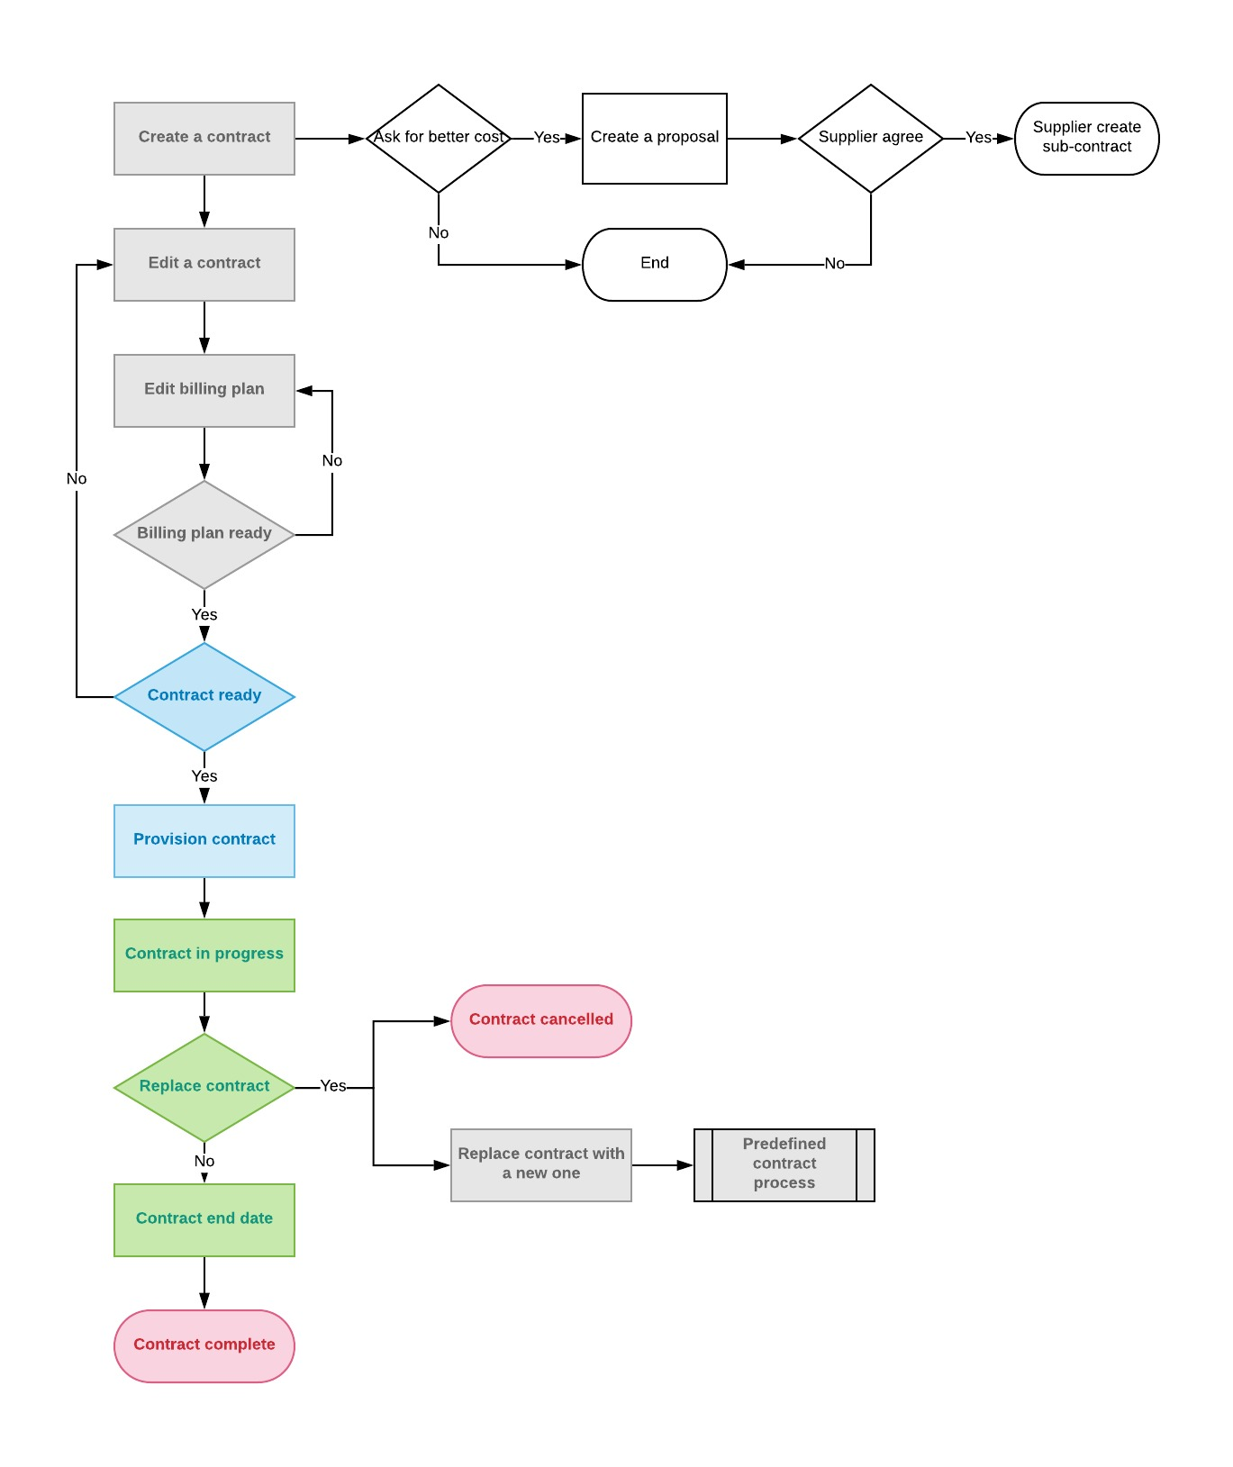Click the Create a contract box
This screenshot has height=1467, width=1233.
(x=204, y=139)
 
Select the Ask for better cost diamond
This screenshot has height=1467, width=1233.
(x=439, y=139)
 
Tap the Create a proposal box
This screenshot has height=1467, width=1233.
(x=655, y=139)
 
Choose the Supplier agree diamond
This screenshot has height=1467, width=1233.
(x=871, y=139)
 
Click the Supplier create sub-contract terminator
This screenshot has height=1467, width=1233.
(x=1087, y=139)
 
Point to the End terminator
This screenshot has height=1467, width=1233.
(x=655, y=265)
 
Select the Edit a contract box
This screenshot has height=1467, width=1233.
(x=204, y=265)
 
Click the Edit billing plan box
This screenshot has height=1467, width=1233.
(x=204, y=391)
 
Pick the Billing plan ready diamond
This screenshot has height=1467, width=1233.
(x=204, y=535)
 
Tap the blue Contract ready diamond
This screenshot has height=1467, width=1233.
(x=204, y=697)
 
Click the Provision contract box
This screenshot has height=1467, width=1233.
(x=204, y=841)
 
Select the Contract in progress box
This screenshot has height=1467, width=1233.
(x=204, y=955)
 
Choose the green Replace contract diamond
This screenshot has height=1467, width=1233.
(x=204, y=1088)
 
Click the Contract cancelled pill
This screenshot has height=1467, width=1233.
(x=541, y=1021)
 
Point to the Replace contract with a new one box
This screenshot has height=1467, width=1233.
(x=541, y=1165)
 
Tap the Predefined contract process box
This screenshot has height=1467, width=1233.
(x=784, y=1165)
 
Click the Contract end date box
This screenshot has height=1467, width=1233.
(x=204, y=1220)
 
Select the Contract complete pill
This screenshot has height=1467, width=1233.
(x=204, y=1346)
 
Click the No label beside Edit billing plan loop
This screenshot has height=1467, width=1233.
(x=332, y=461)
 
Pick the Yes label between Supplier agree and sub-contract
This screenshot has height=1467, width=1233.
(x=978, y=138)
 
